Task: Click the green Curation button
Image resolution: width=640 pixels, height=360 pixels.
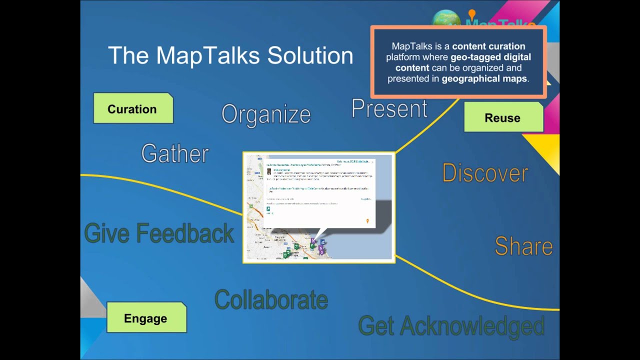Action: [x=133, y=108]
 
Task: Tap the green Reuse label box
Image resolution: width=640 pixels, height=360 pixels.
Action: [x=503, y=117]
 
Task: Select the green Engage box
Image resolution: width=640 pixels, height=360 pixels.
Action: [x=146, y=318]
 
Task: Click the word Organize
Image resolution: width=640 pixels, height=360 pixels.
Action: [x=266, y=114]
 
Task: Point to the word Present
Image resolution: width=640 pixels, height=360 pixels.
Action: [x=389, y=108]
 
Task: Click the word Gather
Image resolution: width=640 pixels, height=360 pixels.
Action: [x=174, y=153]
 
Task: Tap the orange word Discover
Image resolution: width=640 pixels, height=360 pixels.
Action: [x=485, y=173]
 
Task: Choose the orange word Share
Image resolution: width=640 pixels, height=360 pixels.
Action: [x=523, y=246]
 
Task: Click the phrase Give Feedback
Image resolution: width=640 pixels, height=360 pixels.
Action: [x=159, y=233]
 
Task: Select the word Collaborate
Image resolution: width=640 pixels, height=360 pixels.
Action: [x=271, y=300]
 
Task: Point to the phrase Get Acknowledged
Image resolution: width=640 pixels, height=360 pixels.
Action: [x=451, y=326]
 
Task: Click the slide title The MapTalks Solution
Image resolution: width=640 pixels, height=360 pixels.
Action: [x=230, y=55]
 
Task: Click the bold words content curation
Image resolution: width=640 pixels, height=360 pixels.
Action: [x=488, y=46]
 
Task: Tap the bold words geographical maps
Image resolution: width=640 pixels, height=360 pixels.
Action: [x=484, y=78]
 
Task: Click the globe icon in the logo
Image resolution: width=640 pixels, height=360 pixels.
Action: [x=445, y=18]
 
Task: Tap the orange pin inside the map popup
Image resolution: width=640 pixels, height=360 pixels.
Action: [x=367, y=221]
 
